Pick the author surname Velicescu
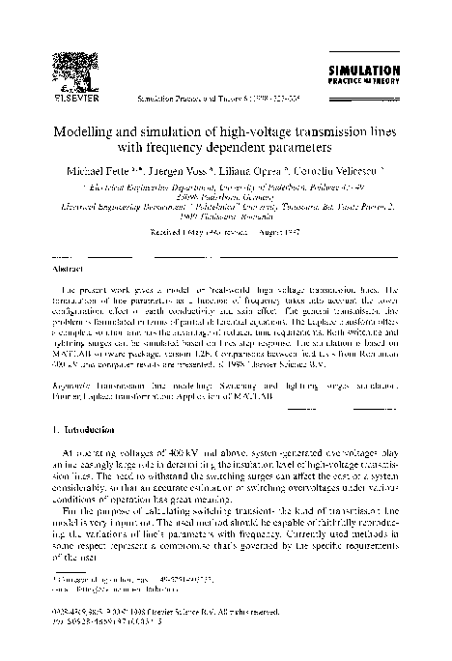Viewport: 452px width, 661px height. tap(334, 171)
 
